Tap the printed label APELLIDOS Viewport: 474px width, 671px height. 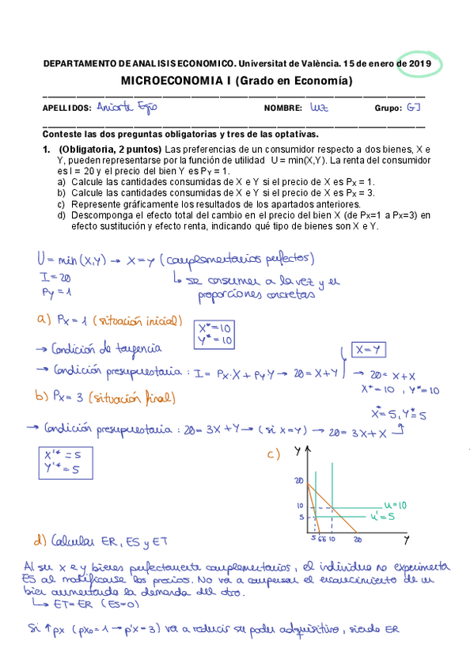pyautogui.click(x=65, y=108)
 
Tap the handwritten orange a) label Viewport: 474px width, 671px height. pyautogui.click(x=44, y=321)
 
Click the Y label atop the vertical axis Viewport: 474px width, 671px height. pyautogui.click(x=296, y=452)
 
